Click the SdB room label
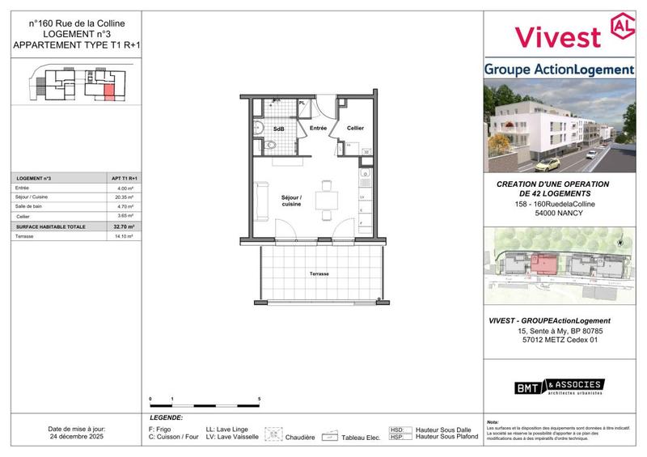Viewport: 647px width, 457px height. [278, 129]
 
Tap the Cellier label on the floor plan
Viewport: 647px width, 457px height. [355, 129]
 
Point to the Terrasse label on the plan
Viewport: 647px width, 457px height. [319, 274]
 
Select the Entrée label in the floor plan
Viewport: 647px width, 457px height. [318, 129]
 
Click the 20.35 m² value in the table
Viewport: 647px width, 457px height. [124, 197]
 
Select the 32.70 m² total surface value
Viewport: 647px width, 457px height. [124, 227]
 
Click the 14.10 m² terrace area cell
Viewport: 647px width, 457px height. [124, 237]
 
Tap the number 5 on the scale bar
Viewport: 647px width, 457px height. [258, 400]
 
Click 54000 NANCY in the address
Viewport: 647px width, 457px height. [558, 214]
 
